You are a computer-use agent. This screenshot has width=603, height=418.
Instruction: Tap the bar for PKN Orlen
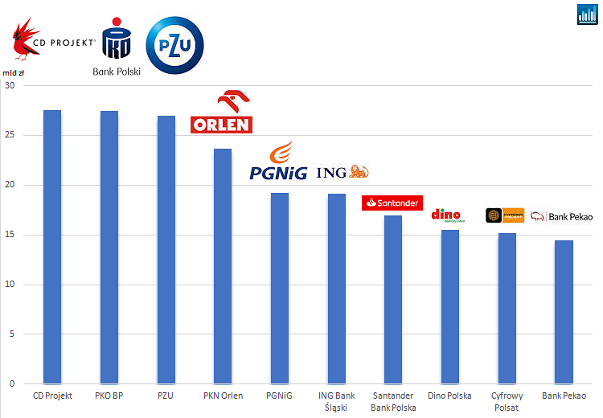click(x=223, y=266)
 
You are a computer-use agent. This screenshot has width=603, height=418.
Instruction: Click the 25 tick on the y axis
click(x=9, y=135)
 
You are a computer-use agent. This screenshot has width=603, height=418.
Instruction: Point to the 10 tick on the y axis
click(x=9, y=285)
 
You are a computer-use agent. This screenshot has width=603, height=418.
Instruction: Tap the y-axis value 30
click(x=9, y=85)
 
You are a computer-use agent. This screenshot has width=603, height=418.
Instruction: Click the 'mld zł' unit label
click(x=14, y=72)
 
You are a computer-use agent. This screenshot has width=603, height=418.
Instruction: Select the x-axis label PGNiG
click(x=279, y=395)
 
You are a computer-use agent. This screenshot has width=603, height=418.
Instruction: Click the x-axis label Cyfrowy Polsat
click(x=507, y=401)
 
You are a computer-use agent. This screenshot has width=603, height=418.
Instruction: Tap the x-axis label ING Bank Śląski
click(x=336, y=401)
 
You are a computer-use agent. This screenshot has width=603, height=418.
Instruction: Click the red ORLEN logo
click(x=221, y=113)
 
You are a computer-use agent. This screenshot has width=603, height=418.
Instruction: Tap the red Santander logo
click(x=392, y=203)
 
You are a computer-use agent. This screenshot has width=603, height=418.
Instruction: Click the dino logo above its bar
click(x=447, y=215)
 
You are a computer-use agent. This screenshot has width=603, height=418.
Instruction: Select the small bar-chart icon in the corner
click(x=587, y=14)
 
